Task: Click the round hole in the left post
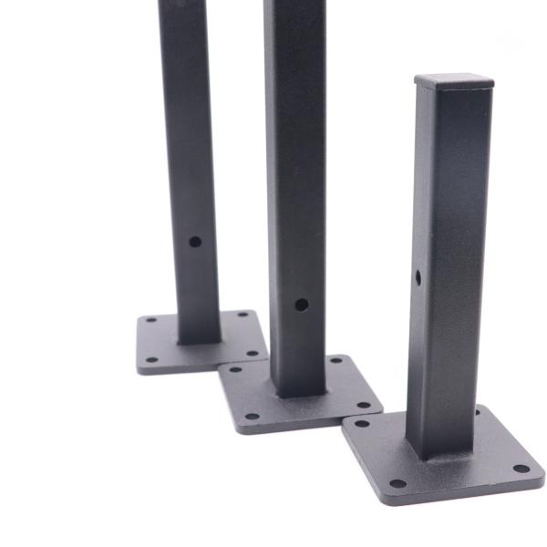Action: tap(195, 242)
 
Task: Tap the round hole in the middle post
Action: tap(301, 304)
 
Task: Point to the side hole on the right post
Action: tap(418, 276)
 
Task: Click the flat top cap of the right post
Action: tap(454, 80)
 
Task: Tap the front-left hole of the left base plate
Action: tap(152, 359)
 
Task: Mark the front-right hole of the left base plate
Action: tap(253, 355)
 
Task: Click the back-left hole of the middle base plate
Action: tap(235, 369)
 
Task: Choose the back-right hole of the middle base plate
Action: tap(335, 361)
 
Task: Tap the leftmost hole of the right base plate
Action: tap(362, 423)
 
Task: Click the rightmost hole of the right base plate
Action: tap(521, 469)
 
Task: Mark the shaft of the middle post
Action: tap(295, 182)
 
